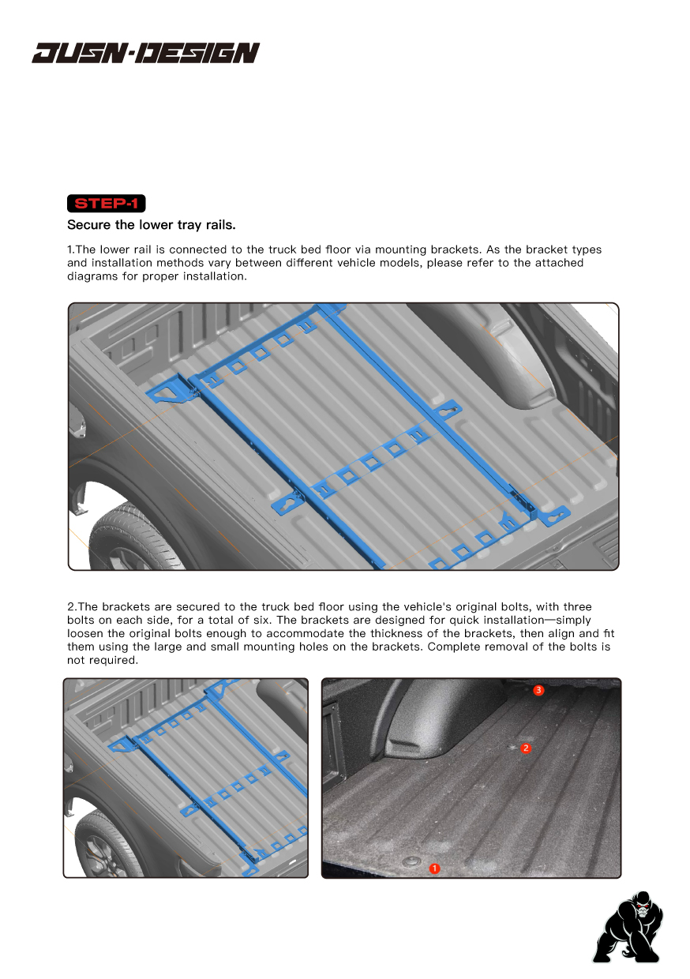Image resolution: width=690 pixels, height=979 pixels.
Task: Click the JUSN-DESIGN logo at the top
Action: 145,53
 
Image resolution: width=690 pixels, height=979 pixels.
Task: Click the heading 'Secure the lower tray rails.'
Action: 152,225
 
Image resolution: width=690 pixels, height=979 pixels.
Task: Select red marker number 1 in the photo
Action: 433,868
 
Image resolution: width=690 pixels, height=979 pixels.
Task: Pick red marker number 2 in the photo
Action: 526,748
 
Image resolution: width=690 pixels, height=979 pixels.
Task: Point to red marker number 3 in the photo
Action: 538,690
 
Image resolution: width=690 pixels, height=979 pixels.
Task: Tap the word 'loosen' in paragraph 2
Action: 85,634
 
